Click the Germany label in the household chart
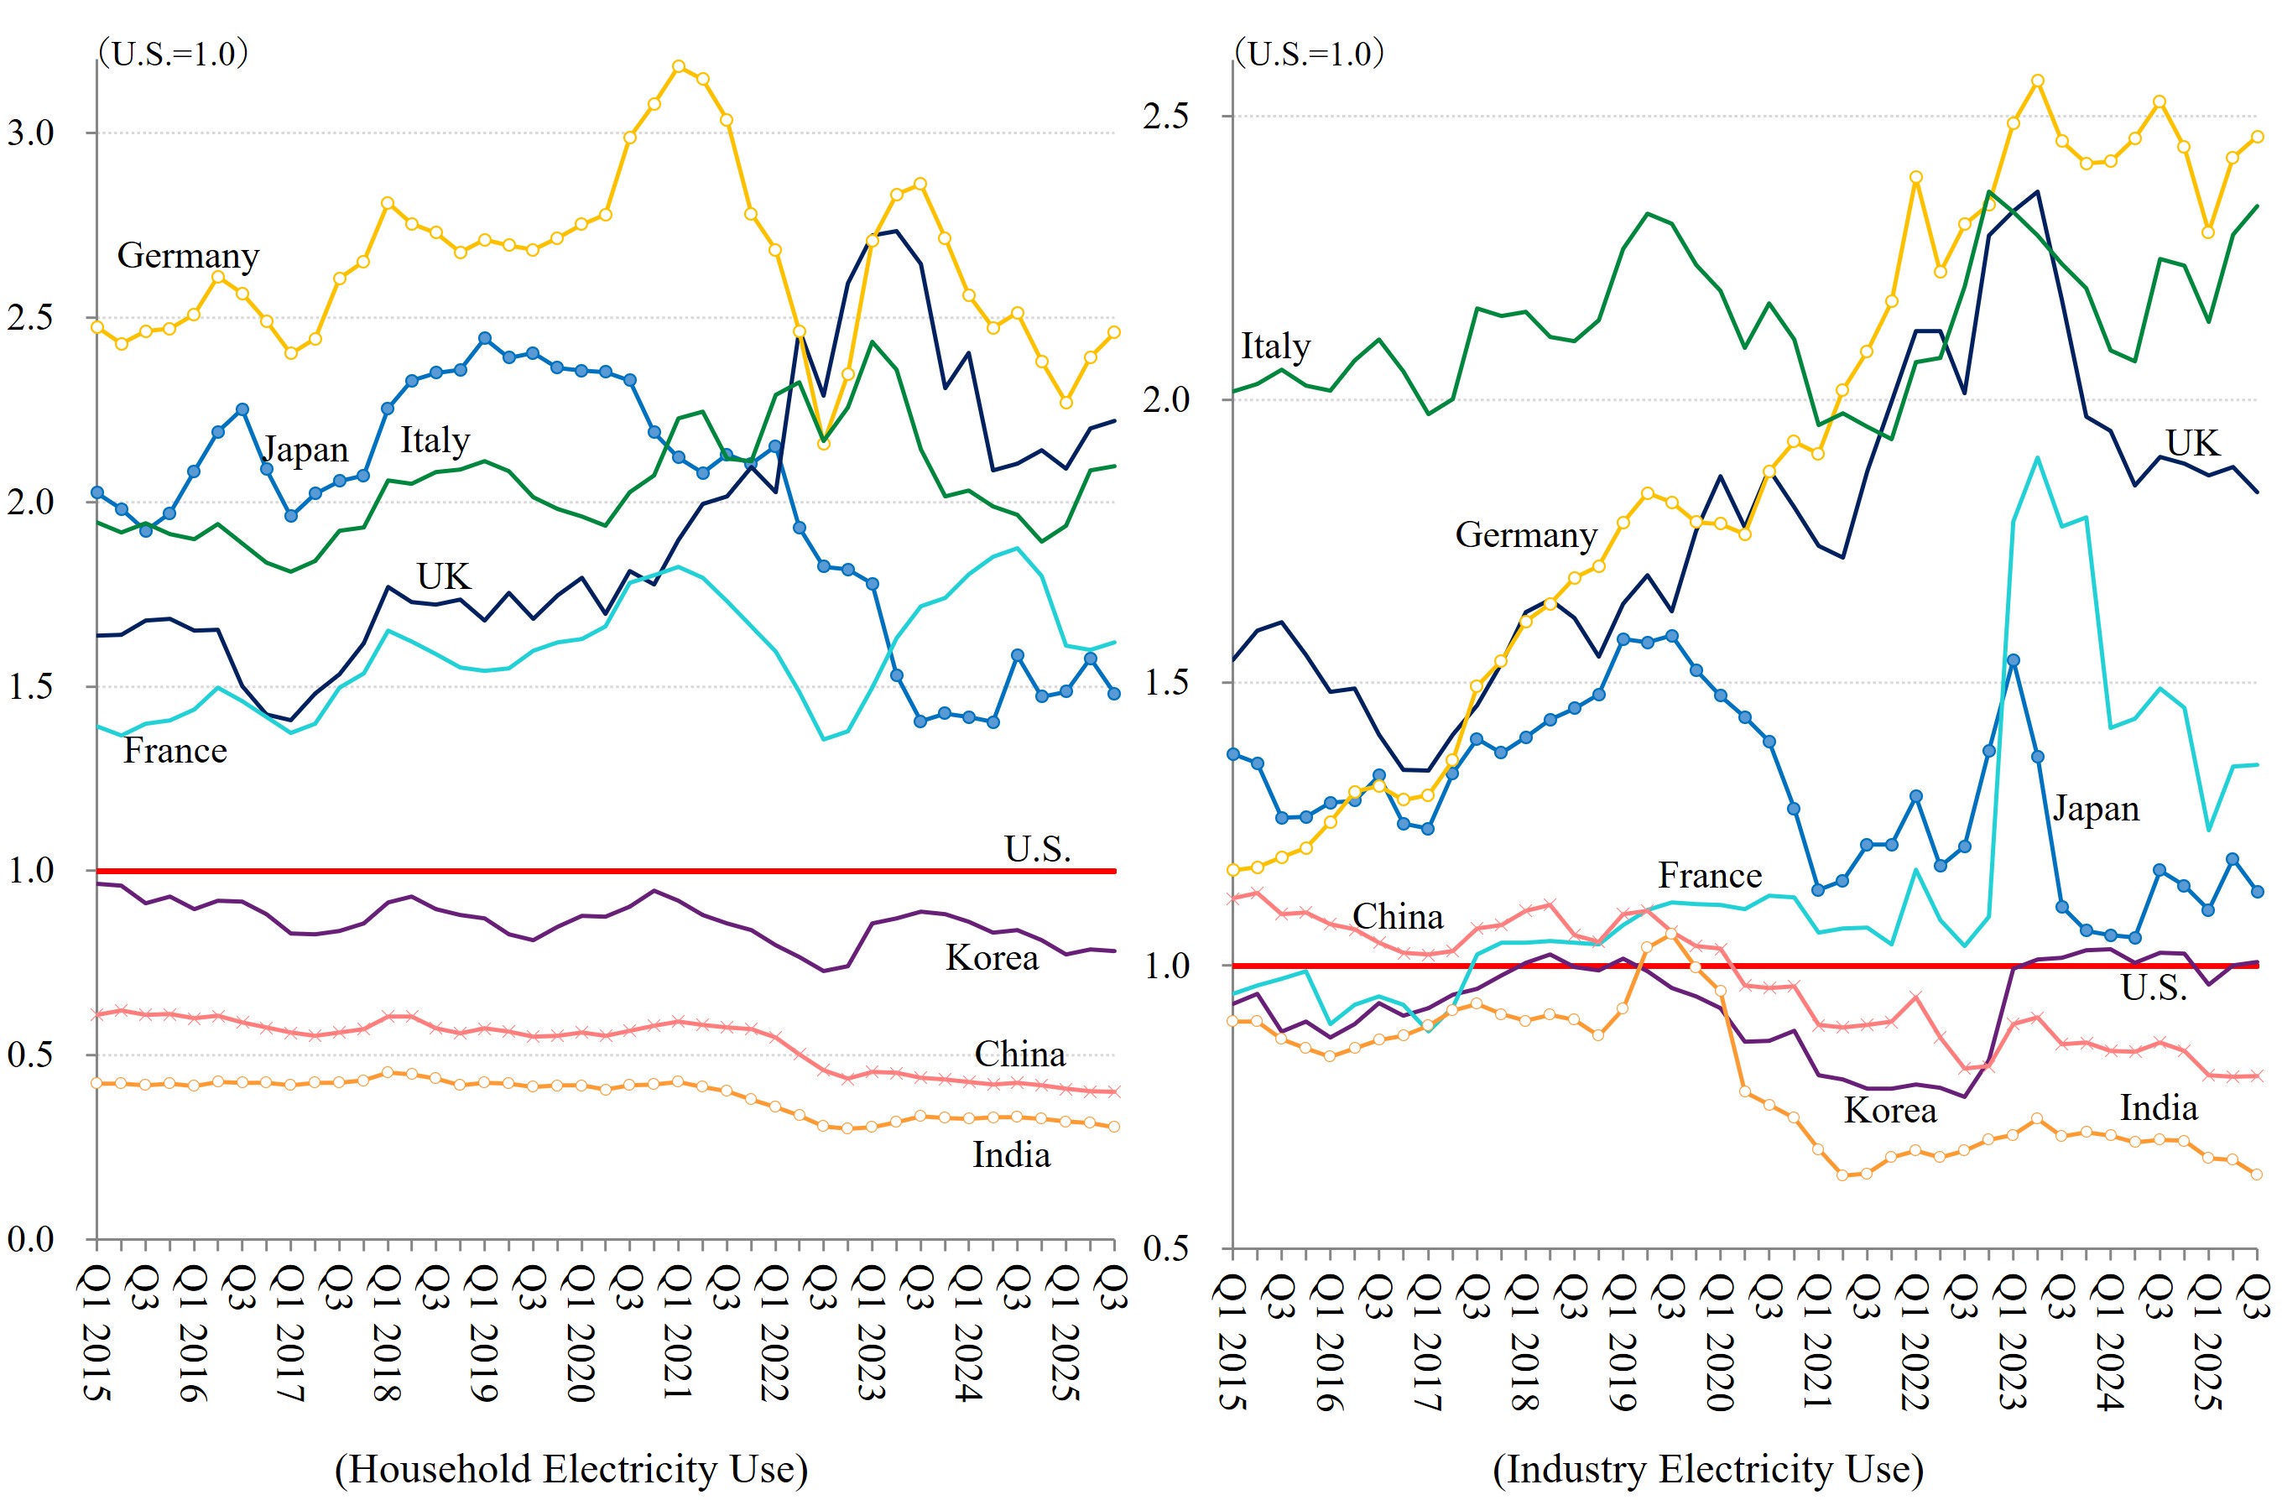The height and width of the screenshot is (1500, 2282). (x=188, y=255)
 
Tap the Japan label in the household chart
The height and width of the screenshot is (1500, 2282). (x=305, y=449)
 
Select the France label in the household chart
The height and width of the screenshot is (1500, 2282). (x=175, y=750)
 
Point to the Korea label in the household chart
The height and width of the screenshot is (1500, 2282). (x=992, y=957)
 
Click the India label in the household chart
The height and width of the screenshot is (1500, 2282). (x=1011, y=1154)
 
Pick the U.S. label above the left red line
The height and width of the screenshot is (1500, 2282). (x=1038, y=849)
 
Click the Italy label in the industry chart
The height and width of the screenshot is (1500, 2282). (x=1275, y=346)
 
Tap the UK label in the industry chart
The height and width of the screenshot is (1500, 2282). (x=2192, y=442)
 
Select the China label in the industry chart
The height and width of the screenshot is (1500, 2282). (x=1397, y=916)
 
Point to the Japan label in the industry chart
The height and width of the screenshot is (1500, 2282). (x=2096, y=809)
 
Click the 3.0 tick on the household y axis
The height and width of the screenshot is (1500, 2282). (x=31, y=133)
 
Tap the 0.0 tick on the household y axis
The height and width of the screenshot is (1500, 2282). (x=31, y=1238)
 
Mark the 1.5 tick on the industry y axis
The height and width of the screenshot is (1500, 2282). (x=1166, y=682)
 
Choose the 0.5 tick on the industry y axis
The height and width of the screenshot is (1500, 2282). (x=1166, y=1247)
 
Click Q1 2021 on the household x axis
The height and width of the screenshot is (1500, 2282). (x=677, y=1332)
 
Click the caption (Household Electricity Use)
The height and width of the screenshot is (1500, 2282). (x=571, y=1468)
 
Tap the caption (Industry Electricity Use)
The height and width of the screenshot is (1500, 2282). (x=1707, y=1468)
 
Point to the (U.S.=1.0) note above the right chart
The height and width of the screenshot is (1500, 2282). (x=1310, y=53)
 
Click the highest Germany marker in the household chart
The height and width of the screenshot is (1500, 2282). (x=679, y=66)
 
